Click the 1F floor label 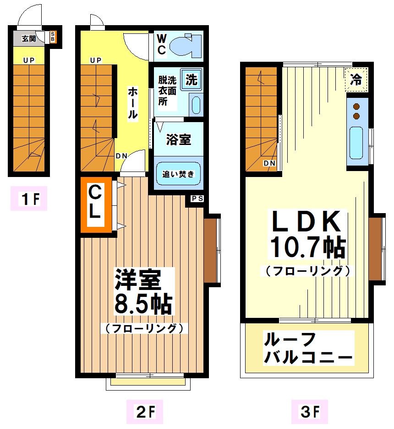tap(28, 200)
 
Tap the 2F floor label tap(143, 413)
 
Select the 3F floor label tap(310, 413)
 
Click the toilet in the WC tap(185, 45)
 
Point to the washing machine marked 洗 tap(191, 79)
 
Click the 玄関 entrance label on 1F tap(28, 38)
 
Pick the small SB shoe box tap(53, 37)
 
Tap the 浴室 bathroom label tap(178, 140)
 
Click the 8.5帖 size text tap(142, 303)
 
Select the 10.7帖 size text tap(307, 247)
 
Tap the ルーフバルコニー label tap(307, 349)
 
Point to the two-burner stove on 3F tap(356, 111)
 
